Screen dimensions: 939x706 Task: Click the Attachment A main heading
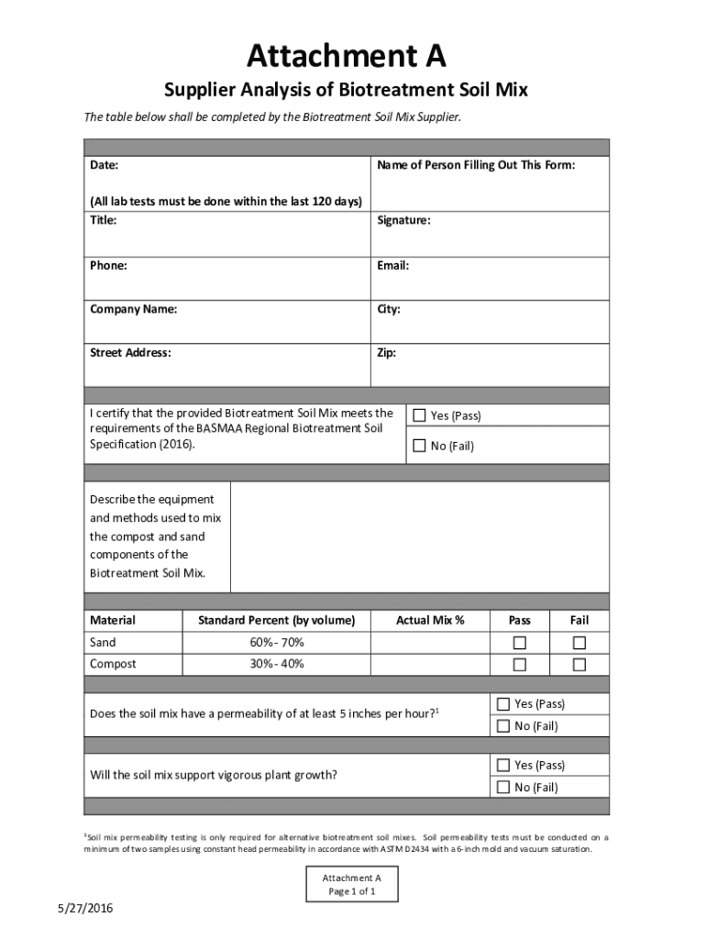(x=346, y=57)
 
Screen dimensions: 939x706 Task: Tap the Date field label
(x=104, y=166)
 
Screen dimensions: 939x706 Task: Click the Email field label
(x=392, y=266)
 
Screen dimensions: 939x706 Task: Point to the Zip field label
(x=386, y=352)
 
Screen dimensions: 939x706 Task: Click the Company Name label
(x=134, y=309)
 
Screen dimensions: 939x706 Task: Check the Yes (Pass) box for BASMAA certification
(x=420, y=415)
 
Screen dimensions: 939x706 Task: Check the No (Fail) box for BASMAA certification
(x=420, y=446)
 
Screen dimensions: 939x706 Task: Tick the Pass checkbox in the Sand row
(x=520, y=643)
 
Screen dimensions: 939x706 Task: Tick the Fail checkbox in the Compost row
(x=579, y=664)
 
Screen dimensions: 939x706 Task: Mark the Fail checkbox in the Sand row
(x=579, y=643)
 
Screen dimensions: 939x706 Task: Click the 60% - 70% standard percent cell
(x=277, y=643)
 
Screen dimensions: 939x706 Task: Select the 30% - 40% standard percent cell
(x=277, y=664)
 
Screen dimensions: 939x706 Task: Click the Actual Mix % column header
(x=430, y=621)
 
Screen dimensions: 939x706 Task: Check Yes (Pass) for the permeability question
(x=503, y=704)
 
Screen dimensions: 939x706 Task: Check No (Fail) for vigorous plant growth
(x=503, y=787)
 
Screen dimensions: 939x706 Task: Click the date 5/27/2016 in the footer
(x=84, y=909)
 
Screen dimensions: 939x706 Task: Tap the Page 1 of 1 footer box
(x=353, y=885)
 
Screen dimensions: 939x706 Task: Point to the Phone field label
(x=108, y=266)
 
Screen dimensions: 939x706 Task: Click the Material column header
(x=113, y=621)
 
